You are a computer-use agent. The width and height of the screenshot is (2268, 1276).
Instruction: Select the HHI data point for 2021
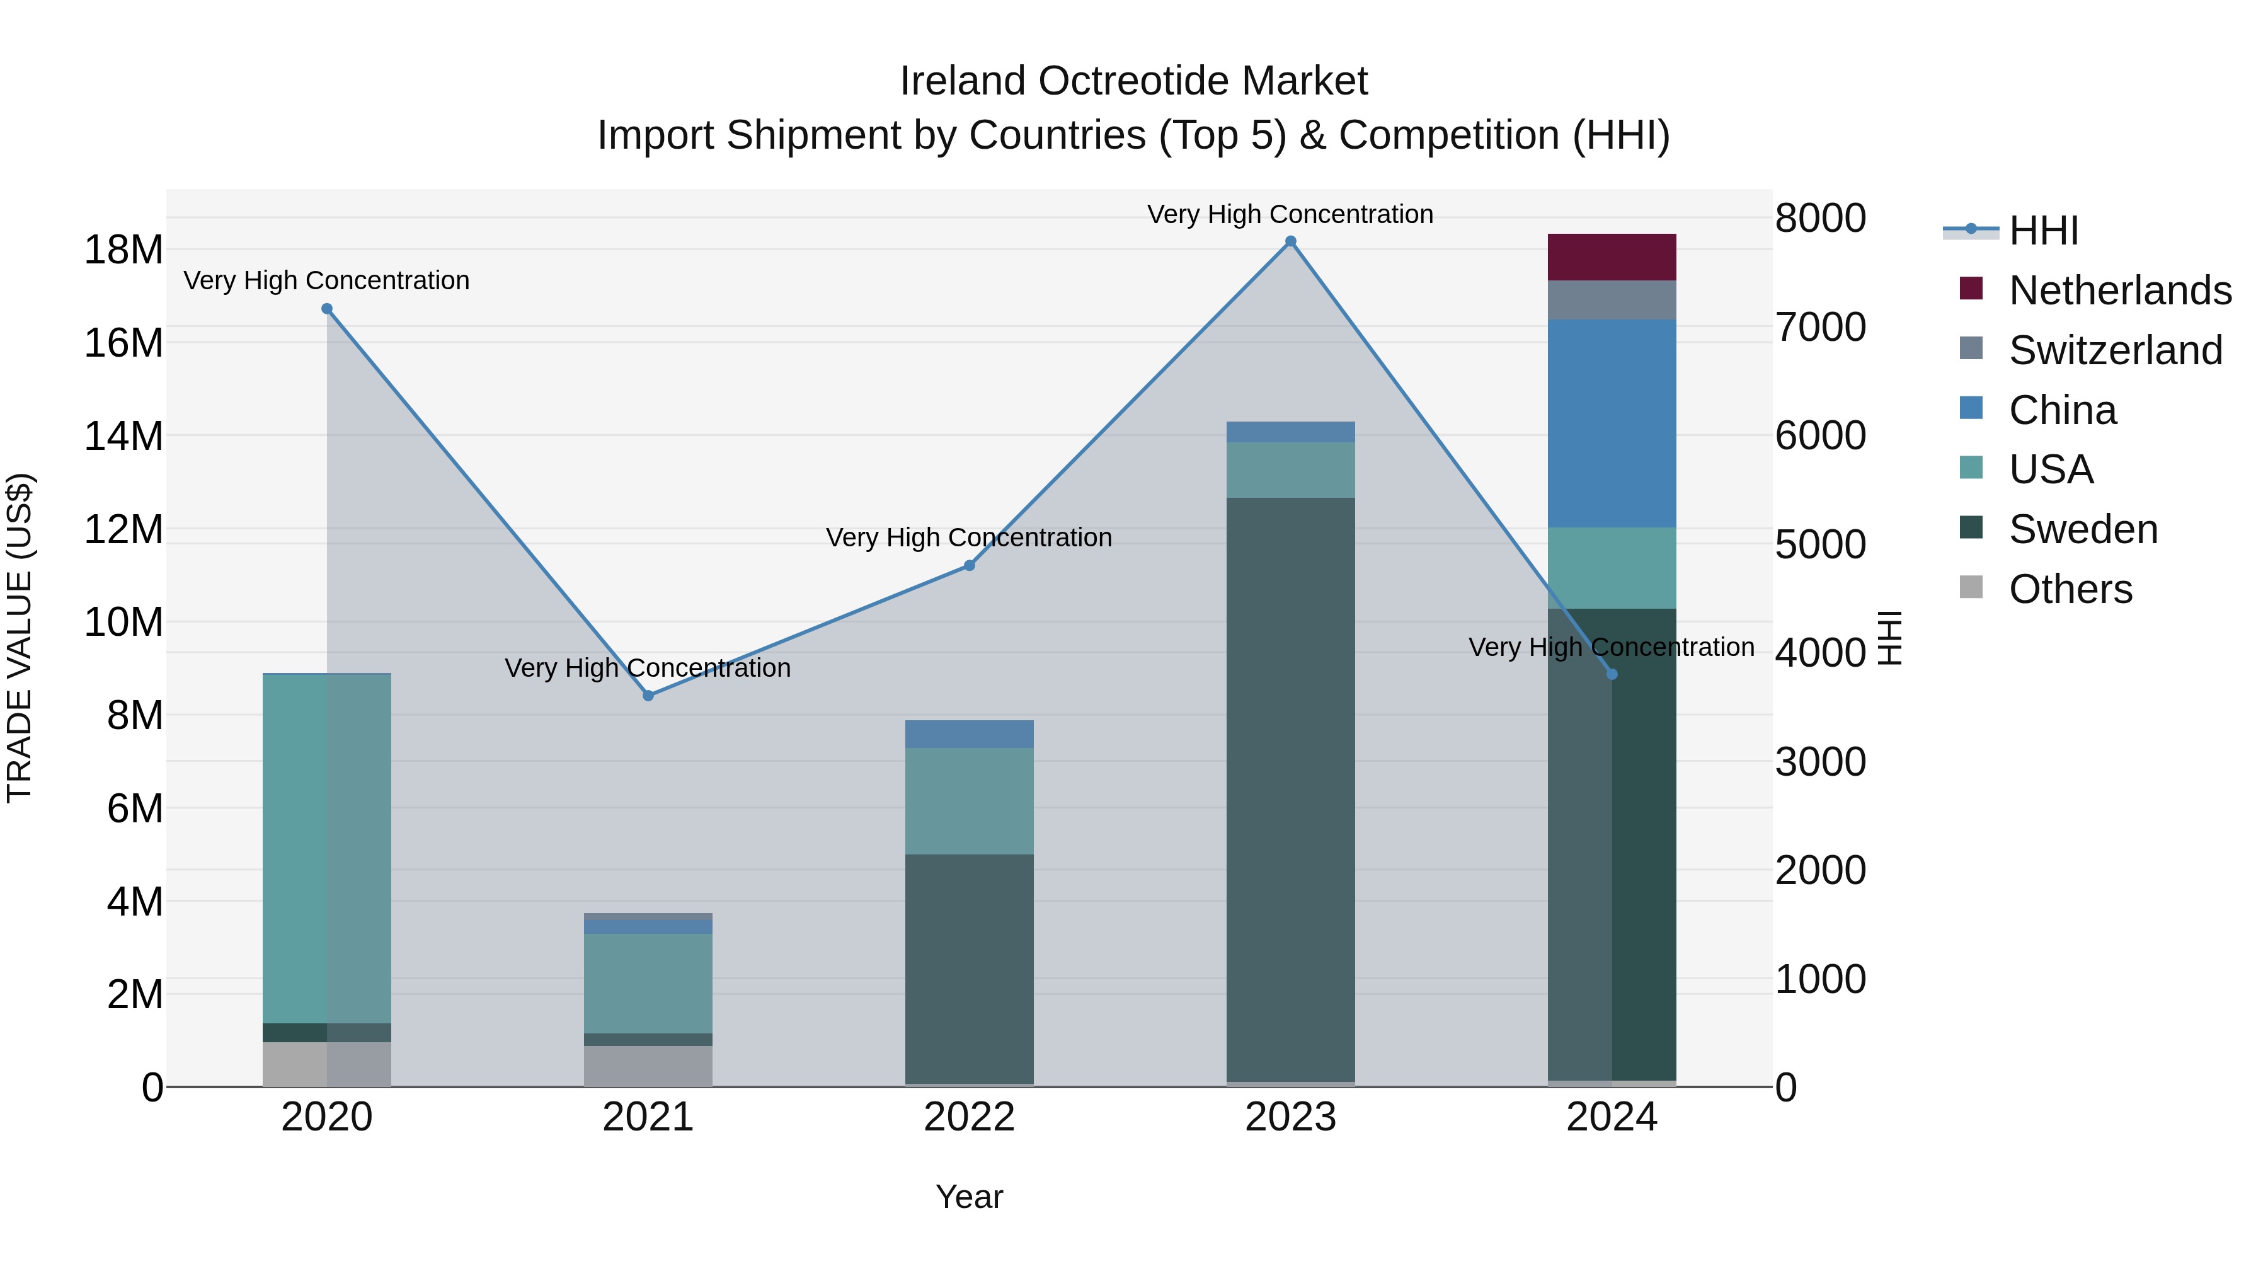tap(648, 696)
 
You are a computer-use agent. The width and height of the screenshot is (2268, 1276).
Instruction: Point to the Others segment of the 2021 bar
tap(648, 1066)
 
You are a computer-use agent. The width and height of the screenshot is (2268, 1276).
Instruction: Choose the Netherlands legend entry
tap(2119, 290)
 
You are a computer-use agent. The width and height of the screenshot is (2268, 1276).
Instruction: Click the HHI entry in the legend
tap(2042, 231)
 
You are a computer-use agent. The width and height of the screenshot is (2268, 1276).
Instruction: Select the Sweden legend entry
tap(2082, 529)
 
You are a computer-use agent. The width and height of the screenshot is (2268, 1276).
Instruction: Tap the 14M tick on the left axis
tap(123, 437)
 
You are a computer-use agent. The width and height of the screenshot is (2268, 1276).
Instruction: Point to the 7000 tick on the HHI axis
tap(1819, 326)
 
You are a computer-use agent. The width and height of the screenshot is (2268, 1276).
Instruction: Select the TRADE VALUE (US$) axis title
tap(20, 638)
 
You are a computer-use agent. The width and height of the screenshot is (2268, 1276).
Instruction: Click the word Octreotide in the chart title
tap(1133, 81)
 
